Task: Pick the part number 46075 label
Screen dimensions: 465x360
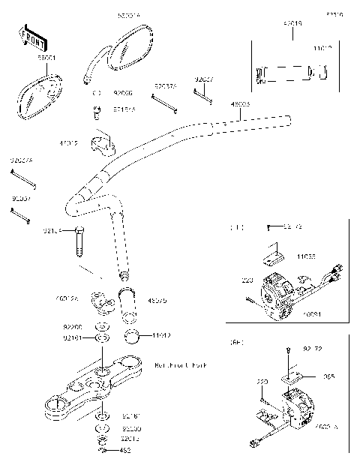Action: click(157, 301)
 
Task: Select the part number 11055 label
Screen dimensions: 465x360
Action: click(304, 256)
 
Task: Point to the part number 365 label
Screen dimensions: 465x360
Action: click(328, 377)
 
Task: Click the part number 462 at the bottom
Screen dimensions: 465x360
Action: click(124, 451)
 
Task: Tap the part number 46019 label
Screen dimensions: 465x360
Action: click(292, 23)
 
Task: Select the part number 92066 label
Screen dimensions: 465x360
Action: click(122, 94)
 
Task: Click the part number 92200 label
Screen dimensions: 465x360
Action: click(73, 328)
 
